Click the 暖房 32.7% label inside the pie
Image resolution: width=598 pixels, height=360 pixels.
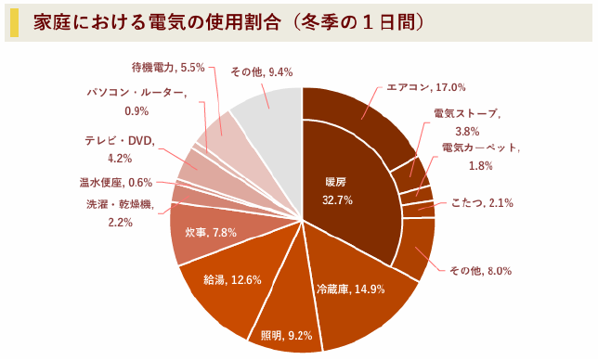pyautogui.click(x=334, y=190)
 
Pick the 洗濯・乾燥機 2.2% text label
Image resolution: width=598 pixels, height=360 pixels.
pyautogui.click(x=122, y=213)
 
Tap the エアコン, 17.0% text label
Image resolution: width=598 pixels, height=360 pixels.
pyautogui.click(x=426, y=87)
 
